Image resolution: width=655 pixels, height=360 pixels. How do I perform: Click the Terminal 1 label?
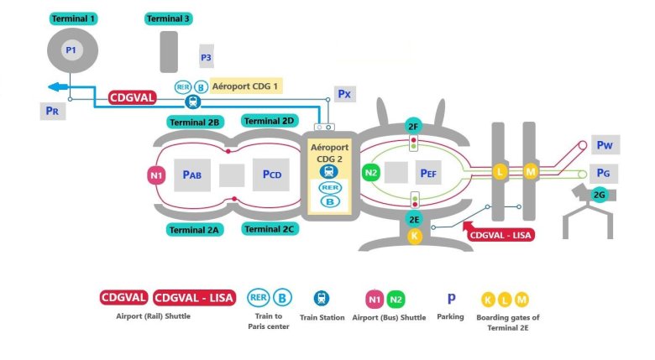pos(73,18)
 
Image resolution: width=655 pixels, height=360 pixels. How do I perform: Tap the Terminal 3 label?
pos(168,18)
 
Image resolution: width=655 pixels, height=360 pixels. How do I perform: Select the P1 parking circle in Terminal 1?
pos(71,51)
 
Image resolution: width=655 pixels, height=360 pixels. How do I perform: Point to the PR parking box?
pos(52,109)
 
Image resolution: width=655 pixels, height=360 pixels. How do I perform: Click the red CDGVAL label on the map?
pos(132,97)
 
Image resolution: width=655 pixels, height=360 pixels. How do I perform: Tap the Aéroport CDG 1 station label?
pos(246,86)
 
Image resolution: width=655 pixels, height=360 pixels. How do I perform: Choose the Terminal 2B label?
pos(194,122)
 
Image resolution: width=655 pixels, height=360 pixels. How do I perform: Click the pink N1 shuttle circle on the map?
pos(156,175)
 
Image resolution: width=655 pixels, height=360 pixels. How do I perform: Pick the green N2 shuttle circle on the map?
pos(371,172)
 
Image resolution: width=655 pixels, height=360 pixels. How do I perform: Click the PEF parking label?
pos(429,174)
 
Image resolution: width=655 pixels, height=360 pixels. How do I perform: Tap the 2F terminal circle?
pos(413,125)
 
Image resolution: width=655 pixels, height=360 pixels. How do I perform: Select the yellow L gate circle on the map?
pos(500,172)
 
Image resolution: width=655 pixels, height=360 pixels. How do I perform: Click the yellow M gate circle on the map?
pos(530,172)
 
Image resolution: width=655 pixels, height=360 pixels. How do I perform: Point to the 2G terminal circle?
pos(600,195)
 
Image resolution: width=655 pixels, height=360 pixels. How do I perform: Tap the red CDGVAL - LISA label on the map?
pos(501,235)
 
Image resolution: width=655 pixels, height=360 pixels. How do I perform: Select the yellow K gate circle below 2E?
pos(414,236)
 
